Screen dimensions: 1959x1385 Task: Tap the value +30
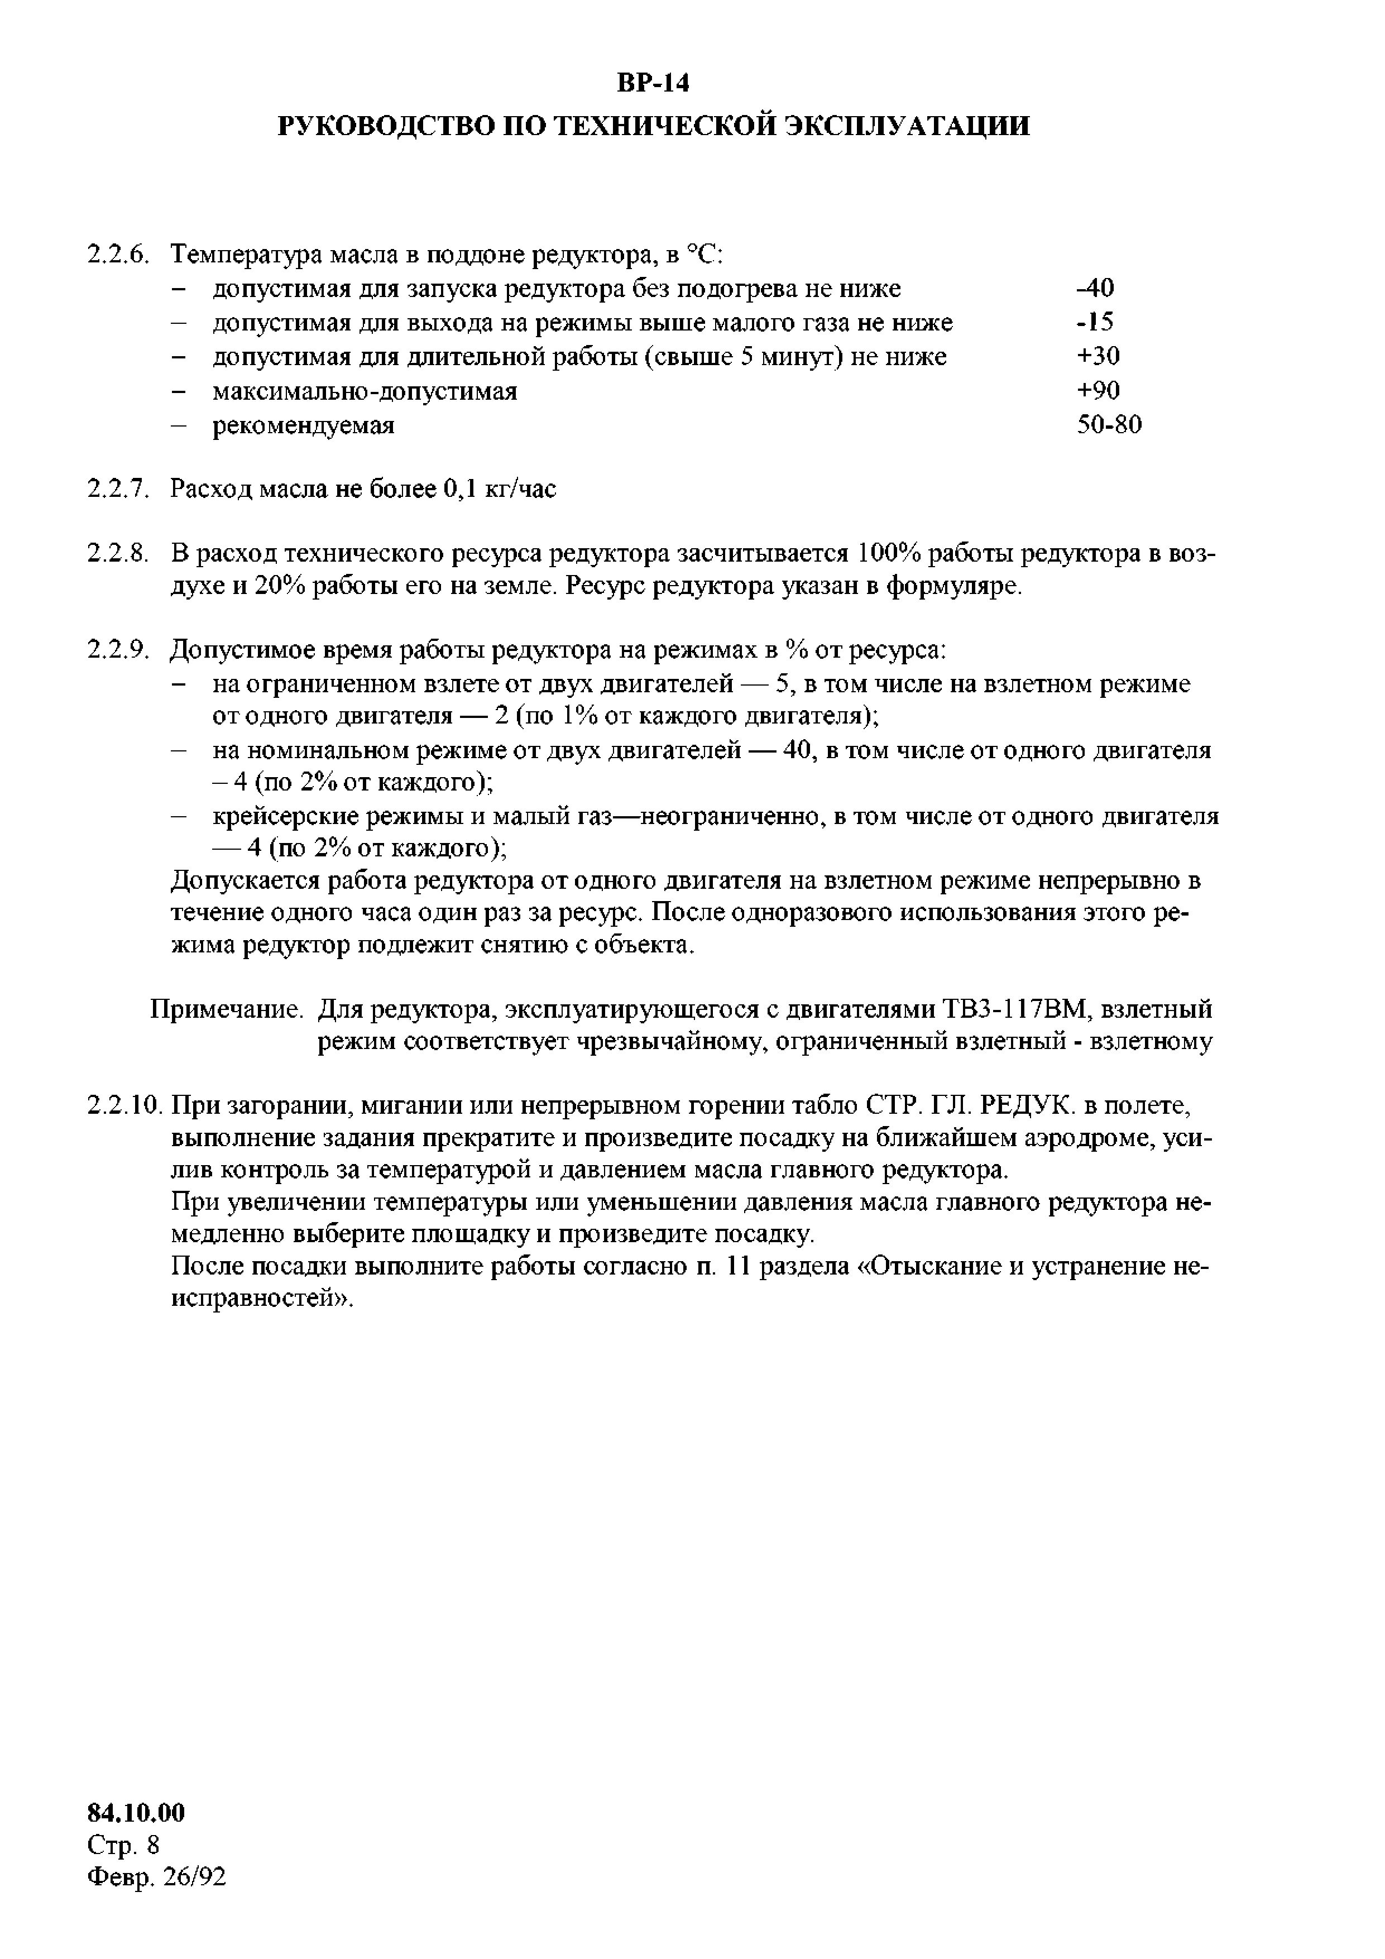click(x=1098, y=356)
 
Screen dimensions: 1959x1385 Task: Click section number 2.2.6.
click(x=118, y=254)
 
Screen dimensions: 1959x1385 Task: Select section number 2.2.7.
click(x=118, y=489)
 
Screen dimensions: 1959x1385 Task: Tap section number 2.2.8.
click(x=118, y=554)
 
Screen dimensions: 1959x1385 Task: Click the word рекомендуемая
click(x=303, y=425)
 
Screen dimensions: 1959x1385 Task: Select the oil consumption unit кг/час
click(x=520, y=490)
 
